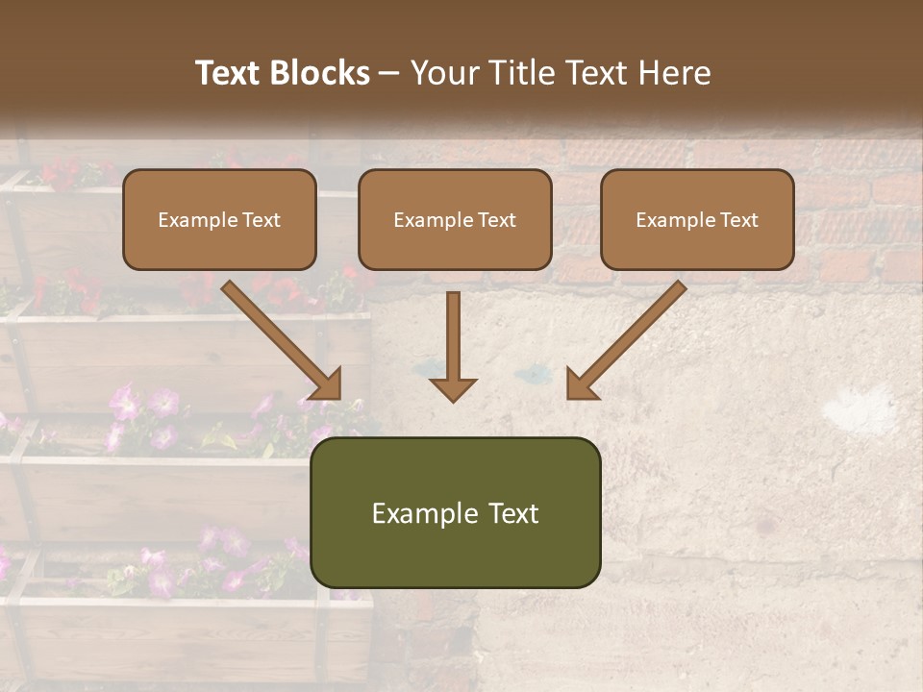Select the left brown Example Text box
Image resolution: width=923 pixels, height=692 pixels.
(219, 219)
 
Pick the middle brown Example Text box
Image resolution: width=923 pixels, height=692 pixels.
(455, 219)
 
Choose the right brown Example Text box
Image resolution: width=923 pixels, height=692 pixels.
(697, 219)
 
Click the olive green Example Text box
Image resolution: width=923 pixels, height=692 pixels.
(455, 512)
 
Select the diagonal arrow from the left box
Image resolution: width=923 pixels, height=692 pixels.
(279, 336)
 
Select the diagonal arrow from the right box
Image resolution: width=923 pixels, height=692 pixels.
(630, 336)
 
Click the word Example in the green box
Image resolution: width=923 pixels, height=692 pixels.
(424, 513)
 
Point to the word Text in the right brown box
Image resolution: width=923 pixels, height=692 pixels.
(739, 220)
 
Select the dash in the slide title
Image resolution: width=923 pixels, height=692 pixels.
(390, 74)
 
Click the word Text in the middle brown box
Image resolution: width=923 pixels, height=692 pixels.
(497, 220)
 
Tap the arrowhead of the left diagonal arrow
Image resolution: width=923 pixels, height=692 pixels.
(327, 384)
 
